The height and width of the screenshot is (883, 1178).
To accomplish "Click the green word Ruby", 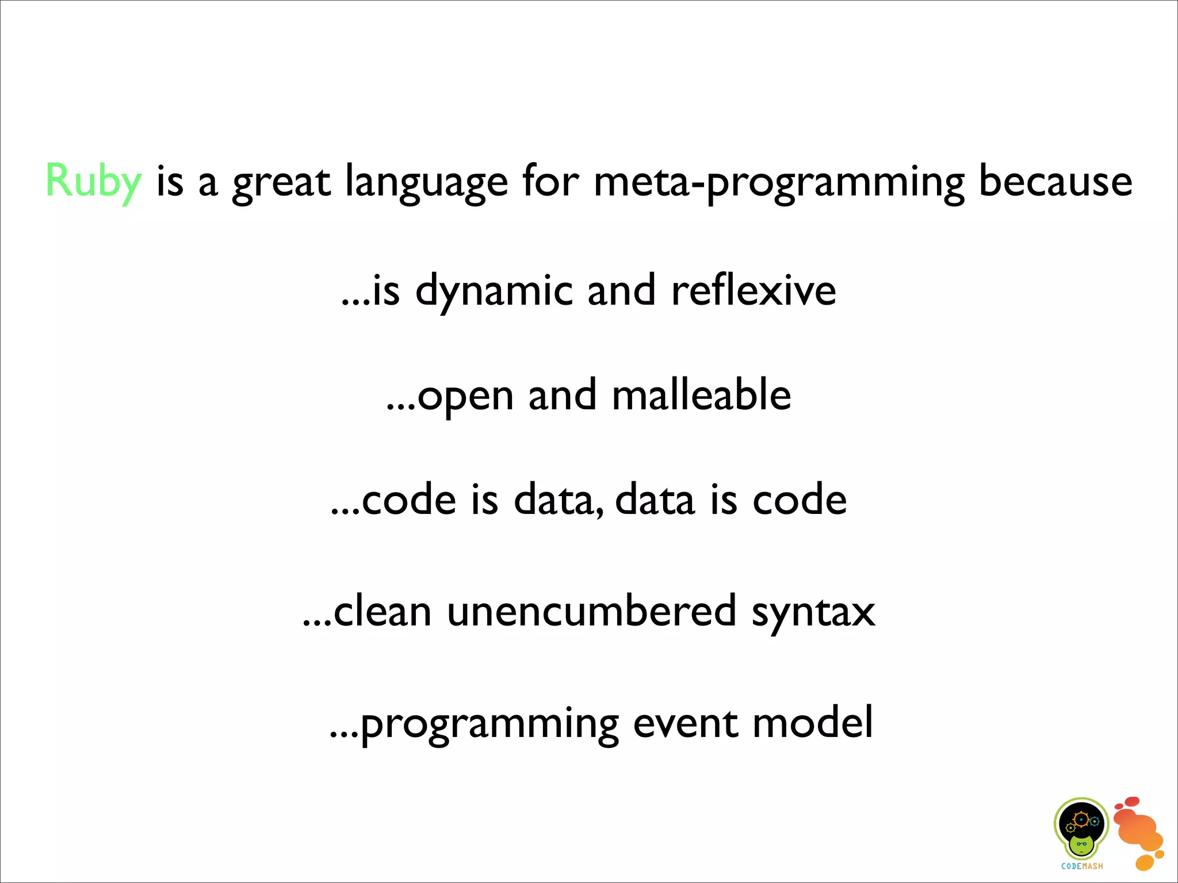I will (x=93, y=182).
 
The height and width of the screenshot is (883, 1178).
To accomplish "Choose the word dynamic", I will (x=494, y=291).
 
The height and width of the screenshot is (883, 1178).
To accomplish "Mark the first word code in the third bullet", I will (x=409, y=500).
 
